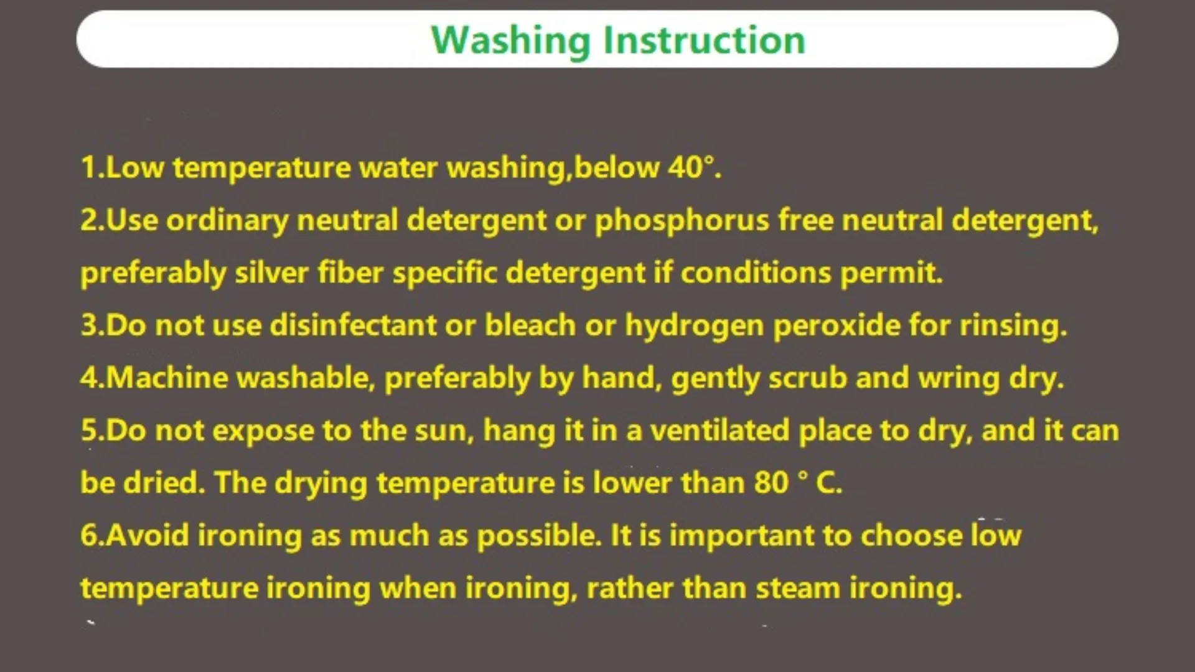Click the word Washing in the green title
pos(510,41)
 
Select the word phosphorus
pos(682,222)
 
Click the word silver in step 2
pos(271,273)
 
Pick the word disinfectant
pos(353,325)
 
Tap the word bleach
pos(530,325)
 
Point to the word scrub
pos(807,378)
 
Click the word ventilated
pos(719,431)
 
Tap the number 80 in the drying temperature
pos(771,483)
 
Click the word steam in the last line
pos(798,588)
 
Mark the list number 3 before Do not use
pos(88,325)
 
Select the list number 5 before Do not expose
pos(88,431)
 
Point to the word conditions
pos(756,273)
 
